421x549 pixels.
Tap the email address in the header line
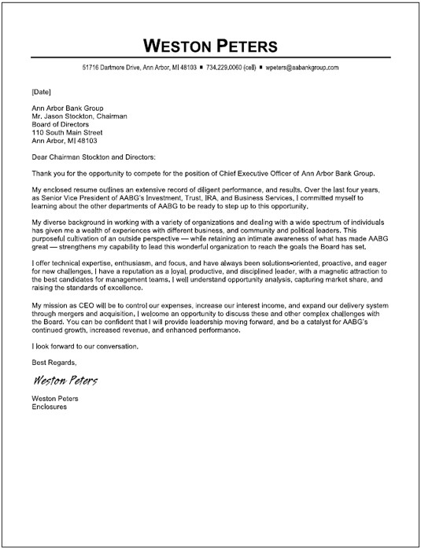click(303, 68)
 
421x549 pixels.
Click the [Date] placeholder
click(42, 91)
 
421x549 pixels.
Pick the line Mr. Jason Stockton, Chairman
click(79, 116)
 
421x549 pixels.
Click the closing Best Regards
click(54, 362)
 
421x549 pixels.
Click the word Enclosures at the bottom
click(49, 407)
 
